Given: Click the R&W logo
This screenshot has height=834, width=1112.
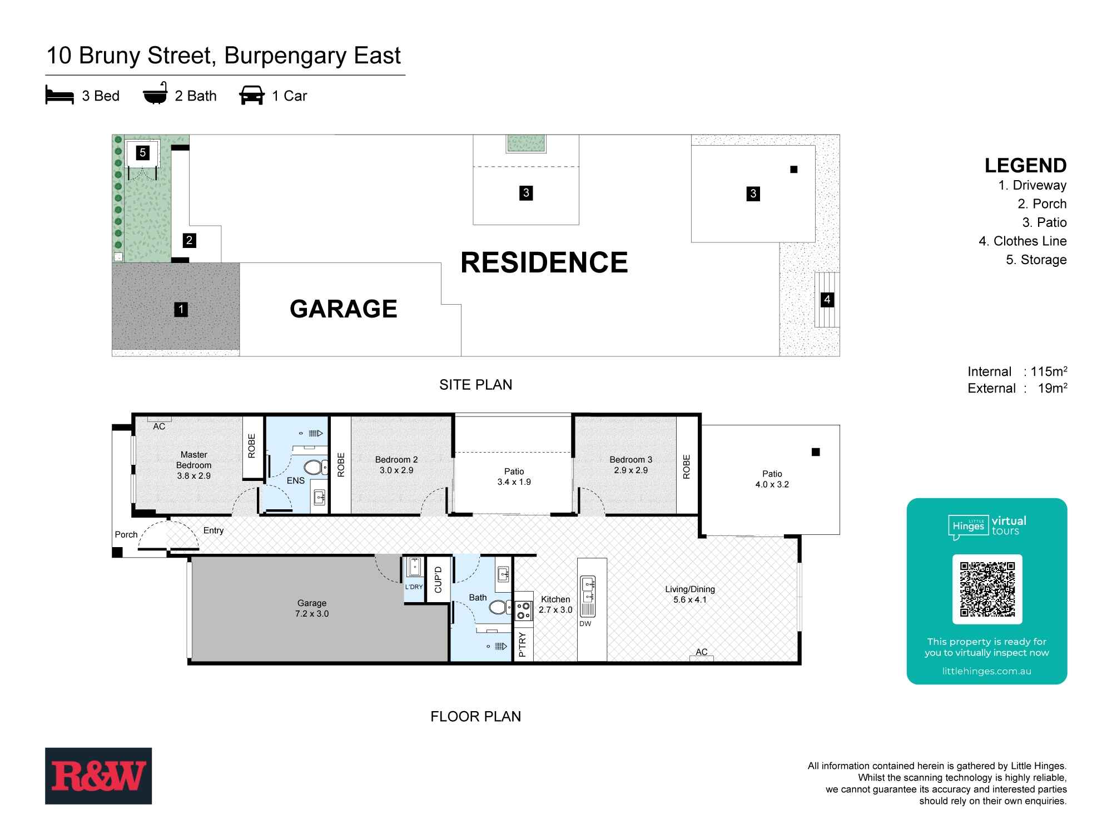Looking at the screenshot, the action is point(98,776).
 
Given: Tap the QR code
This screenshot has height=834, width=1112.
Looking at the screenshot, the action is point(987,589).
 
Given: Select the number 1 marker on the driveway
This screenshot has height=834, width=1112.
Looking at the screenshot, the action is point(181,309).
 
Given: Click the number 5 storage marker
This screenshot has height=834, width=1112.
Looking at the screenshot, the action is point(143,152).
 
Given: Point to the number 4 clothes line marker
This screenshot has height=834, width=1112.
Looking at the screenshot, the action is point(827,300).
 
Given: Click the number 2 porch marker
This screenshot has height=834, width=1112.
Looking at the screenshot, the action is point(189,240).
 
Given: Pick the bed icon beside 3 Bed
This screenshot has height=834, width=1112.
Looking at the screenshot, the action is point(59,96).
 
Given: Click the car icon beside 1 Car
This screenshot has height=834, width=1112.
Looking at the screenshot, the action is point(252,95).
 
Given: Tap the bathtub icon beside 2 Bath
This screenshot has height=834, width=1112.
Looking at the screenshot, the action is point(155,93).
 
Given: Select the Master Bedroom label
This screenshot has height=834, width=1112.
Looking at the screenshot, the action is point(194,460).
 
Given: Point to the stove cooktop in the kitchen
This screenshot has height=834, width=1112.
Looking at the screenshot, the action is point(523,610).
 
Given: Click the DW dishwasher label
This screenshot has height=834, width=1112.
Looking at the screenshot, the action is point(585,624).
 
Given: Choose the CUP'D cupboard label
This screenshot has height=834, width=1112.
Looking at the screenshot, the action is point(438,579).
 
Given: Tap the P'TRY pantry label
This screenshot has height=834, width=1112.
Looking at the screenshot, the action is point(522,644).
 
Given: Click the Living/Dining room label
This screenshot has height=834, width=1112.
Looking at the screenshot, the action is point(690,589).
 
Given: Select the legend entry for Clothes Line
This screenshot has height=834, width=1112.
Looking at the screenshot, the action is point(1023,241).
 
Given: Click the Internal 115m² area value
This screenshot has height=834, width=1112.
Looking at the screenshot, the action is point(1049,371).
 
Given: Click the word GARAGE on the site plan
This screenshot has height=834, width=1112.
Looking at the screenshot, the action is point(344,309).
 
